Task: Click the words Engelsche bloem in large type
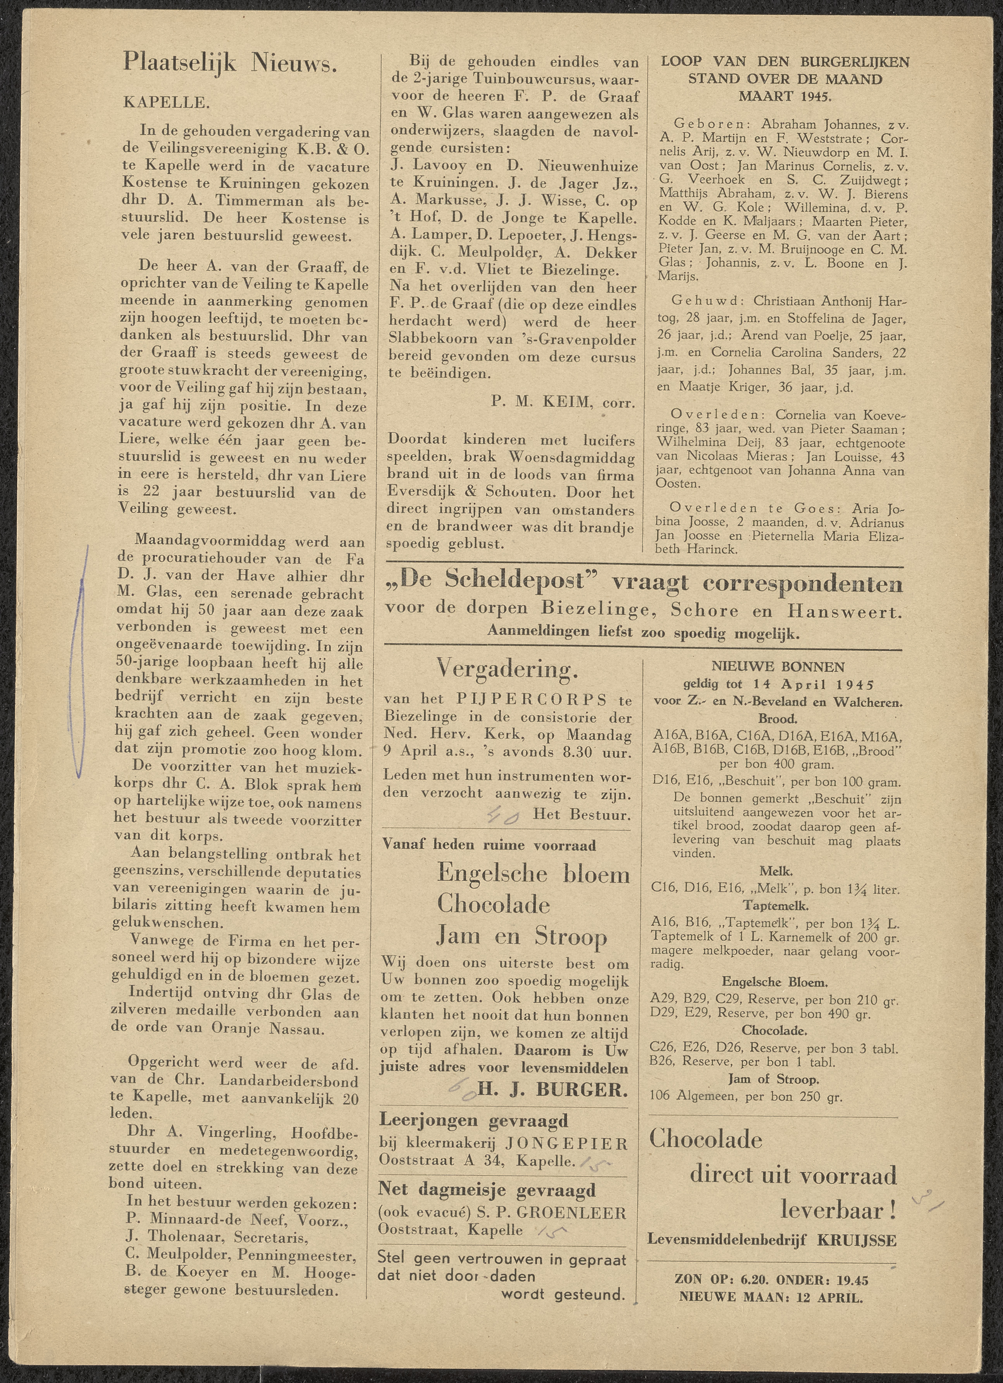(525, 875)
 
